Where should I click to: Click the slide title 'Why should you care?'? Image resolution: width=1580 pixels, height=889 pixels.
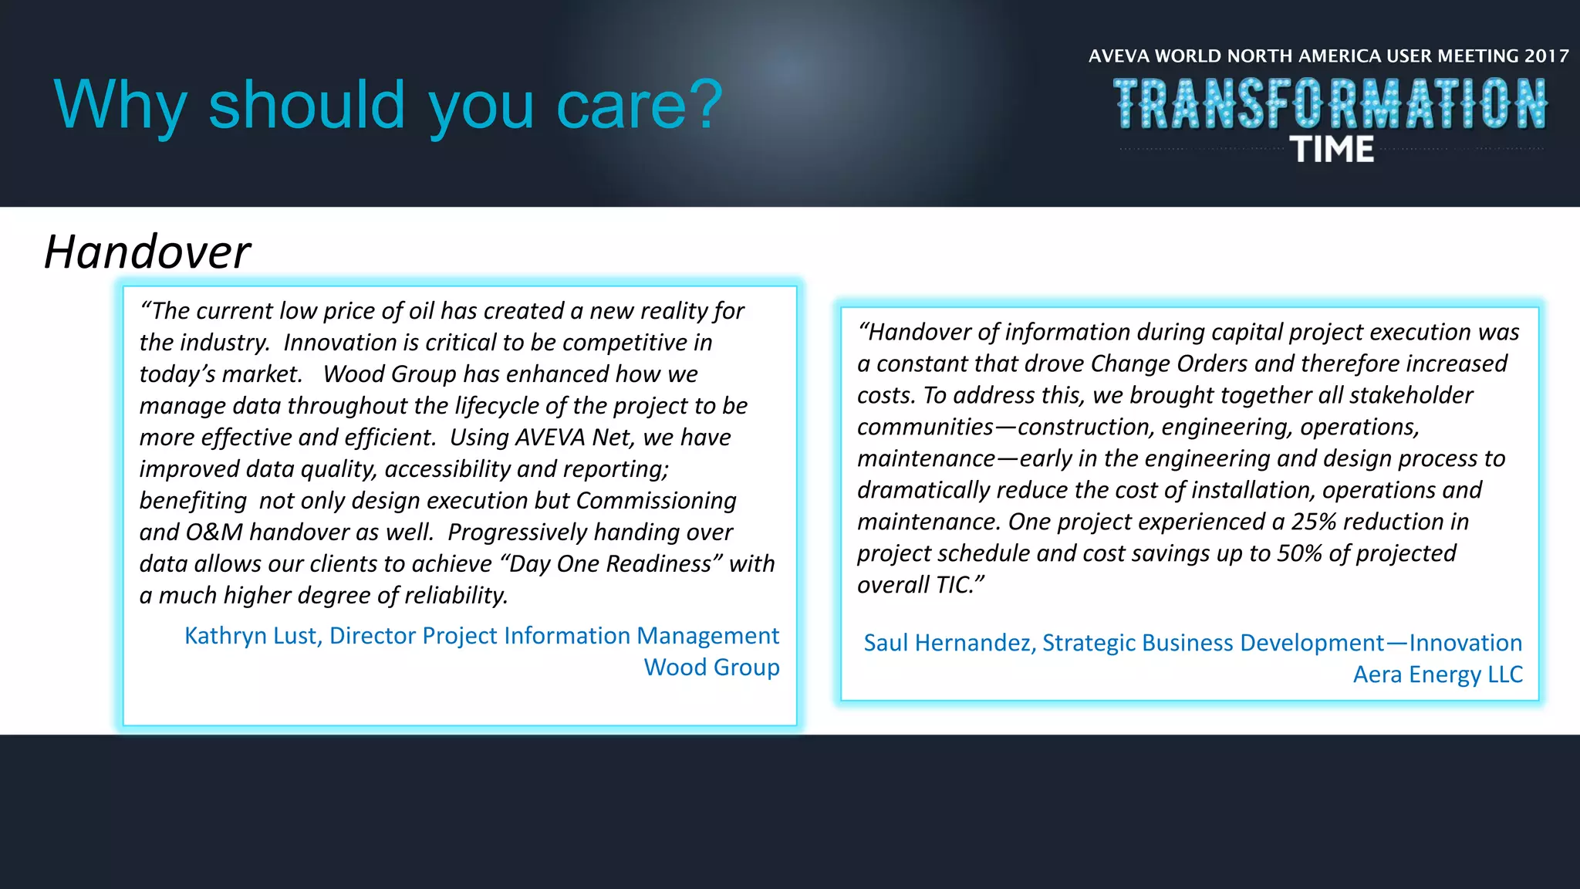388,105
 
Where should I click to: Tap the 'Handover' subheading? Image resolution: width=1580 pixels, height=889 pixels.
147,252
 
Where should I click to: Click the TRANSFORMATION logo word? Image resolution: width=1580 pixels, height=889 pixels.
1330,103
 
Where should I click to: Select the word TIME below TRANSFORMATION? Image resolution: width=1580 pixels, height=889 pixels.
1332,149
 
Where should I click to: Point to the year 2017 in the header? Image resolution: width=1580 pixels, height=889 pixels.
1546,56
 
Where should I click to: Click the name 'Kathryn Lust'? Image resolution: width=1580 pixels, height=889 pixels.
252,635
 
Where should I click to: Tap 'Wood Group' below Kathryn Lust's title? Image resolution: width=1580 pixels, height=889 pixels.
711,667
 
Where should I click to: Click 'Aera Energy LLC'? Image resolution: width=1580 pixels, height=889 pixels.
1437,674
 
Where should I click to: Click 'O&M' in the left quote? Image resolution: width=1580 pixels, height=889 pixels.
214,532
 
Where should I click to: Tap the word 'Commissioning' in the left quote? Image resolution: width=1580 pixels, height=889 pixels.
656,501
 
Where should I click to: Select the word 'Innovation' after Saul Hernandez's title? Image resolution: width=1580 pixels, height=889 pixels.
1465,642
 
